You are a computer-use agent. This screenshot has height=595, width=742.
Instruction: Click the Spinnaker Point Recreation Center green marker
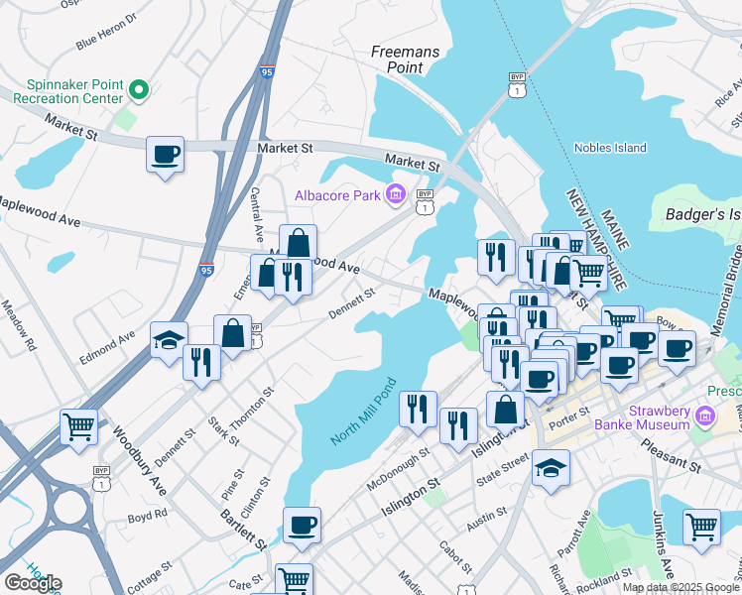(x=139, y=91)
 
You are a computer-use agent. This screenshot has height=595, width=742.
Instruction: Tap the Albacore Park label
(x=337, y=195)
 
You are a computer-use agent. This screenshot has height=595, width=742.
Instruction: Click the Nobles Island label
(x=610, y=148)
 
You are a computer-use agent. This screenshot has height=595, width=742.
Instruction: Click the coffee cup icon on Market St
(x=165, y=156)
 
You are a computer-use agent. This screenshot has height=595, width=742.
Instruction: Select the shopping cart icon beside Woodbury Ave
(x=78, y=427)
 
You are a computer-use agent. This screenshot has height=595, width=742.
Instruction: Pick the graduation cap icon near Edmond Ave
(x=170, y=340)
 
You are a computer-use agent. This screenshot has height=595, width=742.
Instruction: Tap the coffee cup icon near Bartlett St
(x=302, y=525)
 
